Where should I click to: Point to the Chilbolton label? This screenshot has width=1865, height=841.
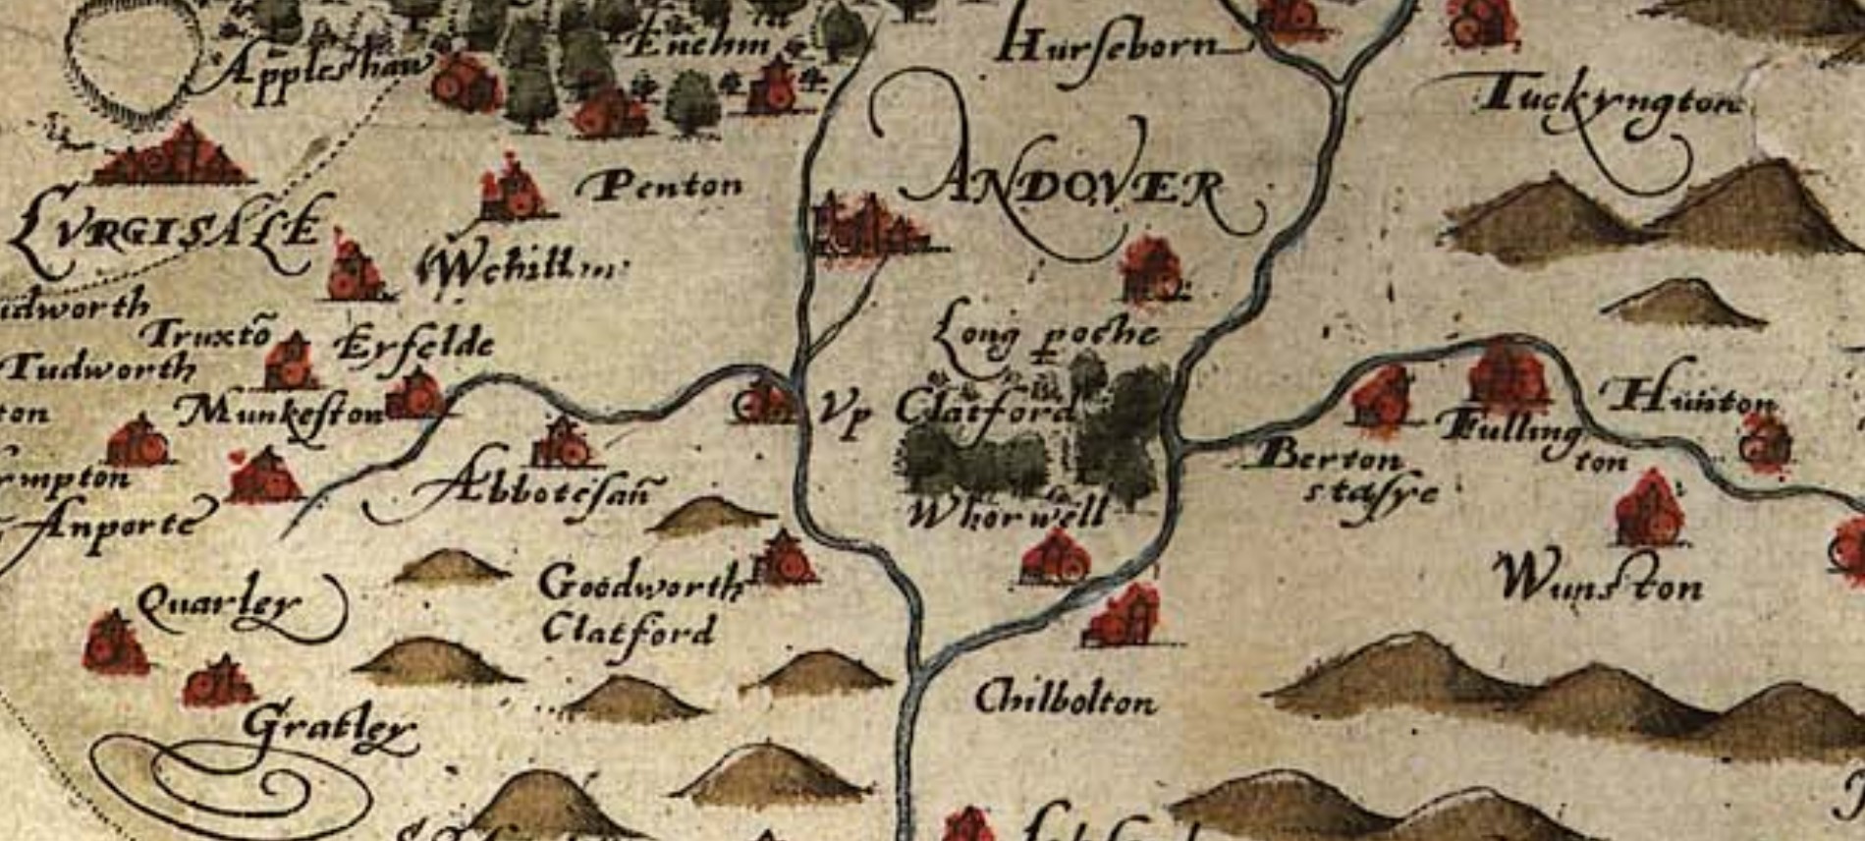pyautogui.click(x=1065, y=700)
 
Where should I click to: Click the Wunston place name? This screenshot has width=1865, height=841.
pyautogui.click(x=1597, y=582)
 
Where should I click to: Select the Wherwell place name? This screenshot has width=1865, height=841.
pyautogui.click(x=1006, y=512)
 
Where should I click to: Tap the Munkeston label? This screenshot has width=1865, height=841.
pyautogui.click(x=281, y=413)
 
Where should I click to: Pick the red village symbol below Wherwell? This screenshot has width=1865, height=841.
pyautogui.click(x=1056, y=557)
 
